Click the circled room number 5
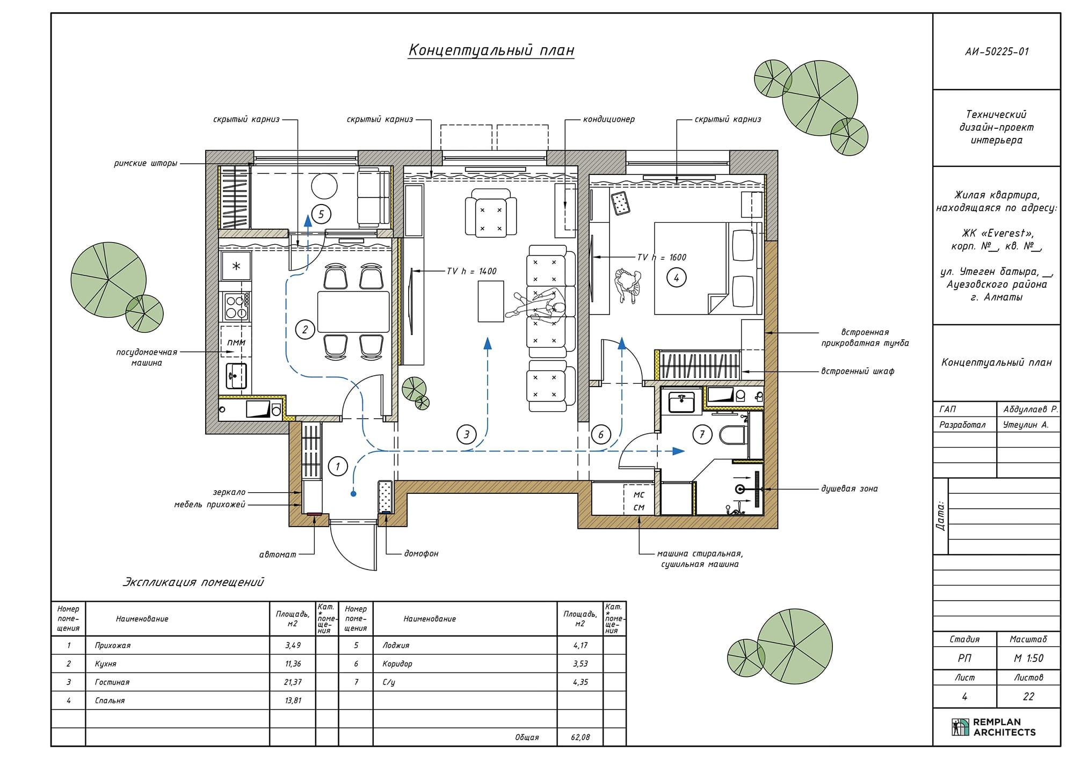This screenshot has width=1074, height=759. click(x=321, y=215)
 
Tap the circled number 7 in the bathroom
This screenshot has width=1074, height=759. click(x=702, y=434)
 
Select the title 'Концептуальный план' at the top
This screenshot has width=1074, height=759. click(x=491, y=50)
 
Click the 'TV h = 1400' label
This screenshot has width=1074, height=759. click(x=471, y=272)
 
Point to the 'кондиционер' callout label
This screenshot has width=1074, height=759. click(x=609, y=119)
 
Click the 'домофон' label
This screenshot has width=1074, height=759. click(x=421, y=553)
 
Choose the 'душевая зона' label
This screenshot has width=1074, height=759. click(x=849, y=489)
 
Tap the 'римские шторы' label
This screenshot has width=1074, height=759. click(x=146, y=163)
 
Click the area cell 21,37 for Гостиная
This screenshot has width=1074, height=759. click(x=293, y=682)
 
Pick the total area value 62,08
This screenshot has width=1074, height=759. click(x=580, y=738)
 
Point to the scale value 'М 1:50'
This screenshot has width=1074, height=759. click(x=1028, y=659)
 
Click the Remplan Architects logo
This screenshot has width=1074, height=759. click(x=993, y=727)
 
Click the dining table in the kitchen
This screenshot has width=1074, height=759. click(x=353, y=312)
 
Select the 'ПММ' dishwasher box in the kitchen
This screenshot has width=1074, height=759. click(x=236, y=341)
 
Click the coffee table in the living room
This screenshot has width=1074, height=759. click(x=491, y=301)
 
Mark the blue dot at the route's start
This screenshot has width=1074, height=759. click(x=353, y=494)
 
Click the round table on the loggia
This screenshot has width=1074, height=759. click(x=324, y=186)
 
